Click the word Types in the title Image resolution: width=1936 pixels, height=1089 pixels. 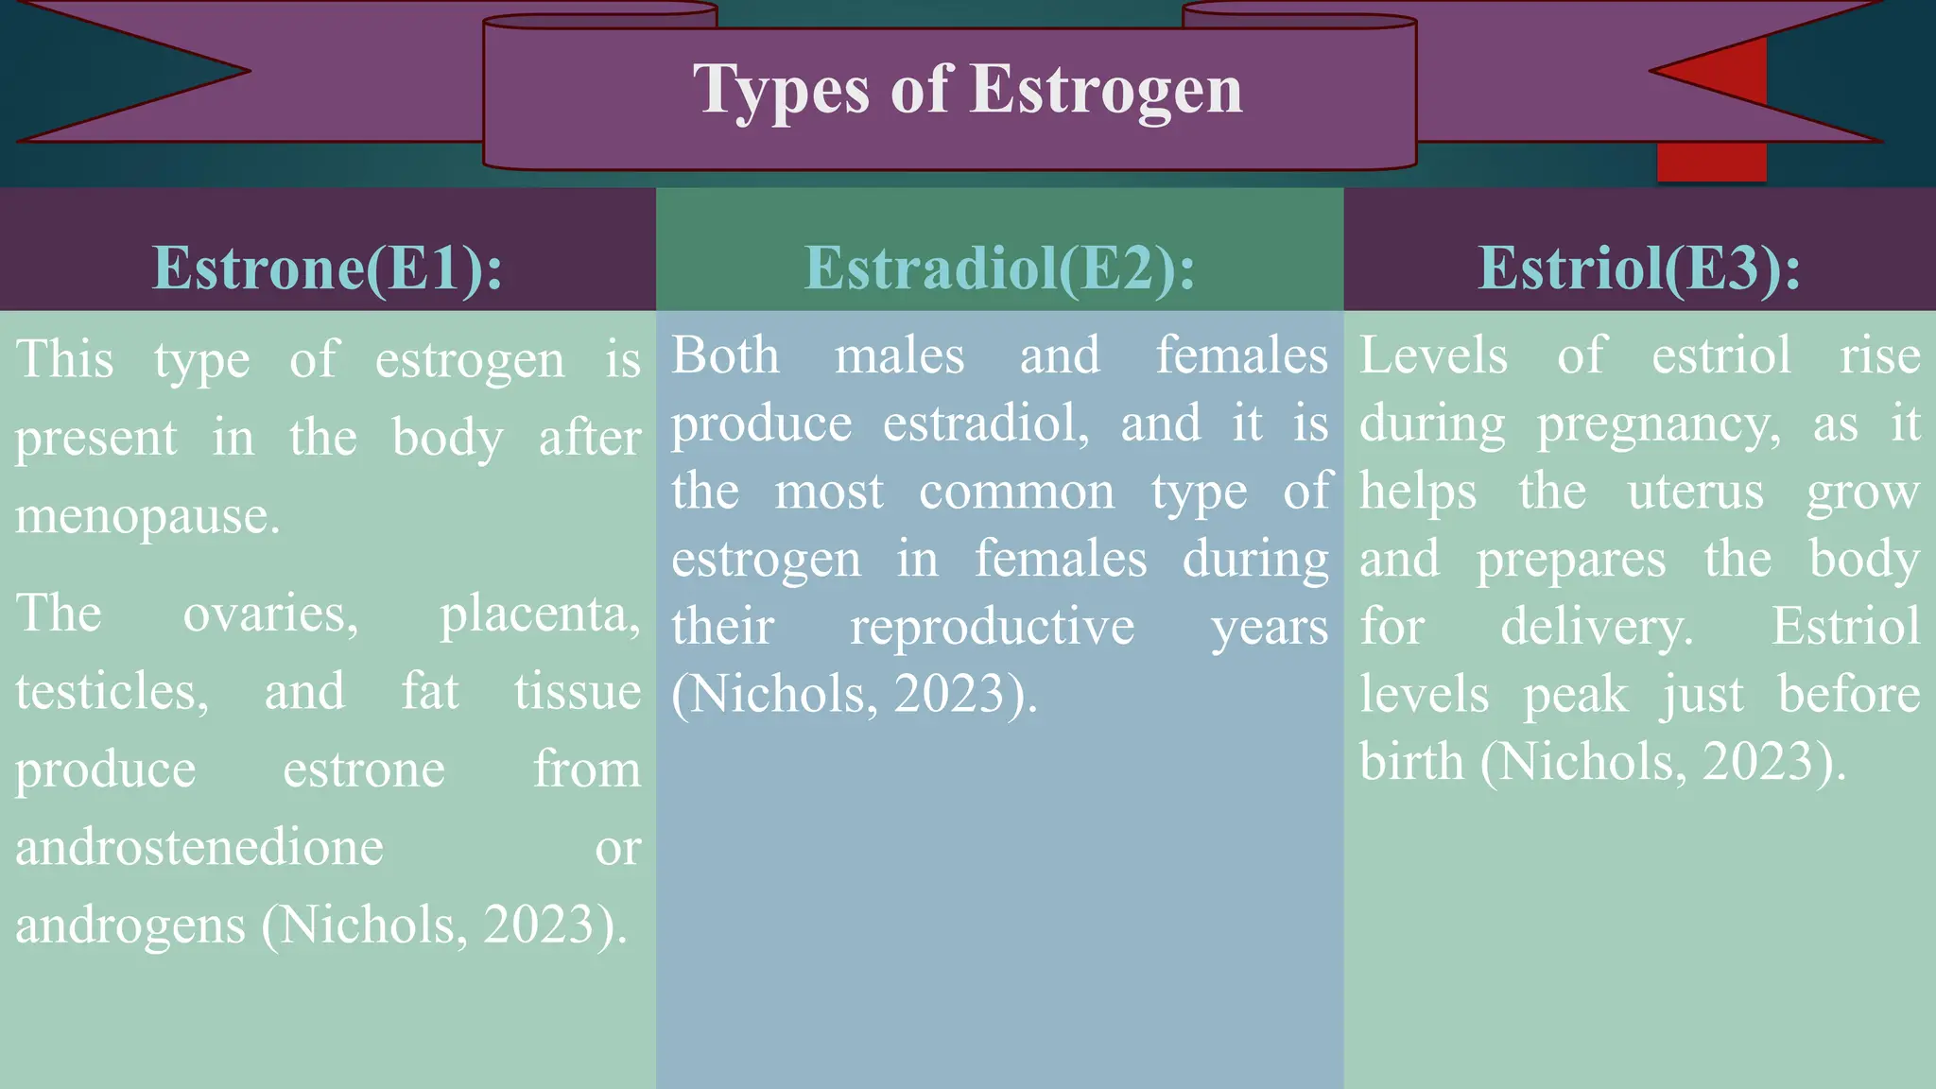click(781, 91)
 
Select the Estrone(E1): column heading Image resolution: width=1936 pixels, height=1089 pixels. click(328, 268)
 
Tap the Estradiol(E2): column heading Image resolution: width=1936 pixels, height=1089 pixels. click(1000, 268)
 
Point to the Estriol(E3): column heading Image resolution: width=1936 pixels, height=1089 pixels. click(1639, 268)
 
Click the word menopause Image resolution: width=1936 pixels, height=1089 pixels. click(147, 516)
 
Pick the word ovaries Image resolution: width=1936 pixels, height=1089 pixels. click(270, 614)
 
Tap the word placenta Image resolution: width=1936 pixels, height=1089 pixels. click(540, 614)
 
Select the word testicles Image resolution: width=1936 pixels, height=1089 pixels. click(112, 692)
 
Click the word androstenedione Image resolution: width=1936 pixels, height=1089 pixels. click(199, 847)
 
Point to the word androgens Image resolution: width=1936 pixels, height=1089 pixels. click(130, 925)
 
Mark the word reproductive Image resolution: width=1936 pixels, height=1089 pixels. click(992, 627)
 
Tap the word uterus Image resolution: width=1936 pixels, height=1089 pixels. click(1696, 492)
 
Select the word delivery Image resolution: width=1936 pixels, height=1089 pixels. click(1598, 627)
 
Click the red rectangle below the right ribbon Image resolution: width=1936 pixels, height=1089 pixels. click(1711, 162)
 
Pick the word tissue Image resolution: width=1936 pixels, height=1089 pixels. click(578, 692)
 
